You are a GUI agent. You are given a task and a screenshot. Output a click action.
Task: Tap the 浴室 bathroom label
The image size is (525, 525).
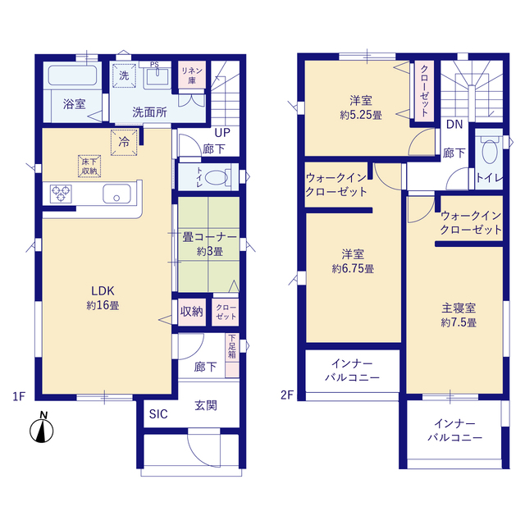tap(75, 104)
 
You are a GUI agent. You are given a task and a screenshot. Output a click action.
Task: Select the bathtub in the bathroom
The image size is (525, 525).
tap(73, 75)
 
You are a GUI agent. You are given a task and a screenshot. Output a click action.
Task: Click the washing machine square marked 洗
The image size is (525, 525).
tap(124, 75)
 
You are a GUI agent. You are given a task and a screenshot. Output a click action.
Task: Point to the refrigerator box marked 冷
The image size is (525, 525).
tap(124, 142)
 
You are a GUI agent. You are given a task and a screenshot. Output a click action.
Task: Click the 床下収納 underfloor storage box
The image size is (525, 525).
tap(89, 166)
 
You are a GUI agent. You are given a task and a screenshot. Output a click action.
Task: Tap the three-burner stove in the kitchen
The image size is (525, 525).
tap(61, 194)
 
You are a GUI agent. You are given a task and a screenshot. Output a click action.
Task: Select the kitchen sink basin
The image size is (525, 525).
tap(116, 194)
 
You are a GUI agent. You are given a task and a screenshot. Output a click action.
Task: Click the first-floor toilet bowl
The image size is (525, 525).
tap(217, 178)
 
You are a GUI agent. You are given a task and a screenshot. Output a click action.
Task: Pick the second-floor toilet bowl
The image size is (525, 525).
tap(490, 152)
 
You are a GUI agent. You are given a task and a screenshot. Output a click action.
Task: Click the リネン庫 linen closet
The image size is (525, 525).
tap(192, 75)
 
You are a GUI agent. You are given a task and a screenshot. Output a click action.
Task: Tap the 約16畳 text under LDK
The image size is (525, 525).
tap(103, 305)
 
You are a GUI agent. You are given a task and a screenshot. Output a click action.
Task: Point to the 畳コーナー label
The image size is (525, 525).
tap(210, 237)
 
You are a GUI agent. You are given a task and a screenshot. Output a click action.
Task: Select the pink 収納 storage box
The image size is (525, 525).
tap(192, 312)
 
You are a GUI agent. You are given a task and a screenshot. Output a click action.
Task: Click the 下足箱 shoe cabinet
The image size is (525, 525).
tap(232, 355)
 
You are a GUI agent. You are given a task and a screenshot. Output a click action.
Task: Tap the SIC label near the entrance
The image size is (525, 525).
tap(158, 414)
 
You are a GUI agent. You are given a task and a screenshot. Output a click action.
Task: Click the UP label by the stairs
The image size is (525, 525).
tap(222, 133)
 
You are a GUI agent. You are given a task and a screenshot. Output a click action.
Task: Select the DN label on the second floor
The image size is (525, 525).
tap(454, 124)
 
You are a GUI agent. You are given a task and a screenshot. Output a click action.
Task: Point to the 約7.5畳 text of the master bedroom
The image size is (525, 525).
tap(459, 322)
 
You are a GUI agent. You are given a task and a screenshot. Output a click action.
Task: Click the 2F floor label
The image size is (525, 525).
tap(287, 395)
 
